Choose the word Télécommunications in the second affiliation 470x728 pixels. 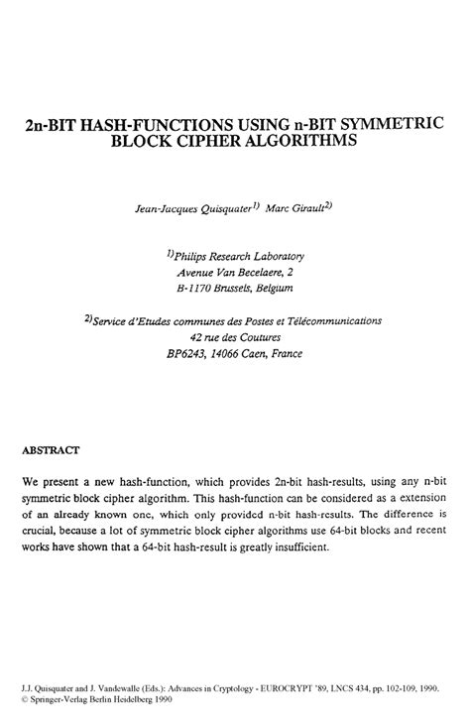pyautogui.click(x=340, y=321)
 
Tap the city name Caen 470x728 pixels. pyautogui.click(x=258, y=354)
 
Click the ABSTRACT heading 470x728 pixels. pyautogui.click(x=51, y=448)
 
